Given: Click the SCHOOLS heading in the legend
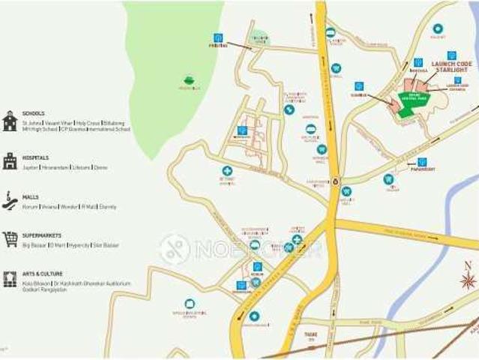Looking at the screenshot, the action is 33,113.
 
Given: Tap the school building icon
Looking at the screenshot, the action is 10,121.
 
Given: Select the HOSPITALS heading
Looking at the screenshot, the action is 35,157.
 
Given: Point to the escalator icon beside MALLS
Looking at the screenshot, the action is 10,200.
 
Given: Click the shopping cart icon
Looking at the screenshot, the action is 10,239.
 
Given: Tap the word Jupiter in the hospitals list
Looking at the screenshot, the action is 30,167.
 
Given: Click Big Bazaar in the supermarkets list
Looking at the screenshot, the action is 34,245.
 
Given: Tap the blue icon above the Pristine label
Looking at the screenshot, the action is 218,37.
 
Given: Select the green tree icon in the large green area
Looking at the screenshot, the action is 189,80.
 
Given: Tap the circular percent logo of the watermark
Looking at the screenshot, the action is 175,249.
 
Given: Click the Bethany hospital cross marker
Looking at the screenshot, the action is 226,171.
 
